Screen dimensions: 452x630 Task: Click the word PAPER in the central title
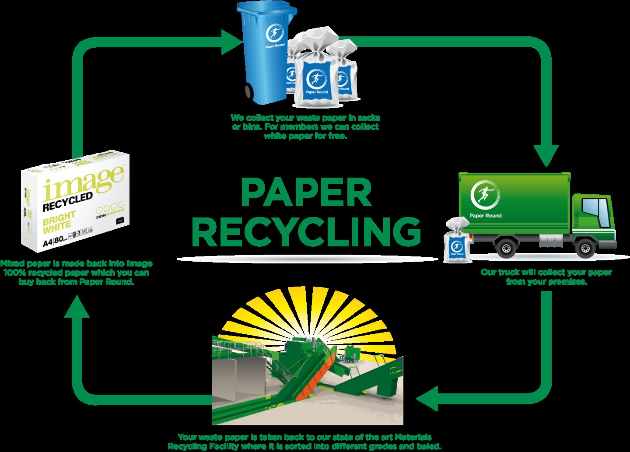click(x=306, y=193)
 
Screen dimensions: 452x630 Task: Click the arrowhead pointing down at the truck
click(x=546, y=155)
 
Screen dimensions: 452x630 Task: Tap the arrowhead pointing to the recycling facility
click(x=428, y=399)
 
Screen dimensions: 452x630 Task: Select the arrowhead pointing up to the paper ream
click(x=77, y=307)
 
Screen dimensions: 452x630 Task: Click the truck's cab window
click(x=597, y=212)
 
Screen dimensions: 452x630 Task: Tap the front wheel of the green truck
click(x=585, y=248)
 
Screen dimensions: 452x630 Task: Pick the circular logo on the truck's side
click(x=484, y=195)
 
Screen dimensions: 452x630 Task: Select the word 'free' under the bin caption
click(x=336, y=136)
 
